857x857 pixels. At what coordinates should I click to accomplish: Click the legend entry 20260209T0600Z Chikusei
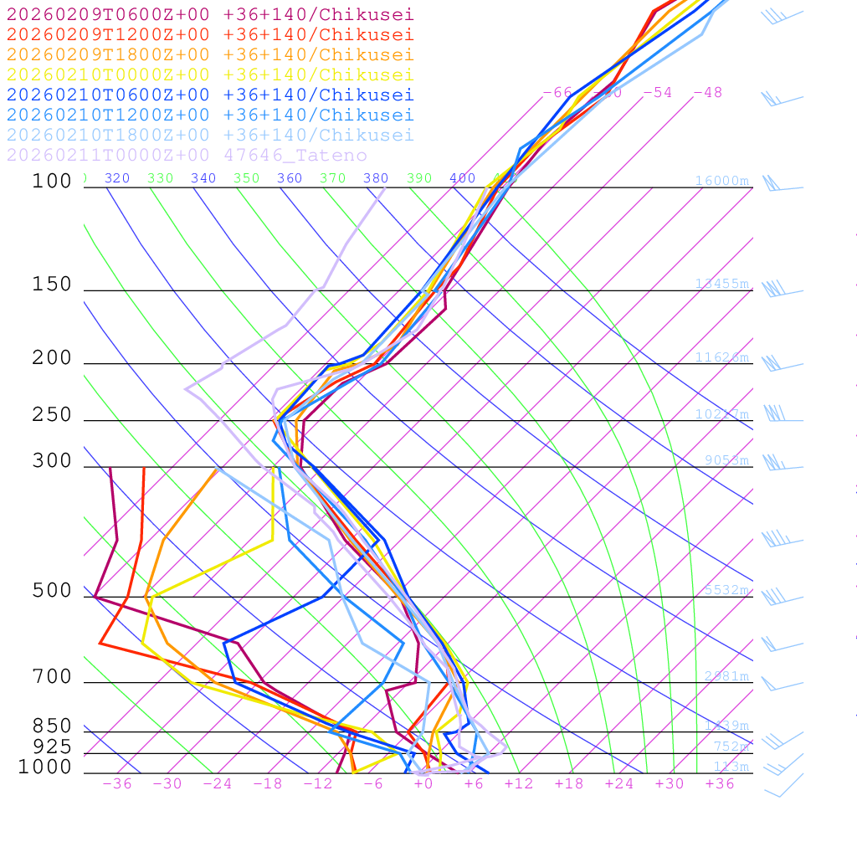[x=209, y=14]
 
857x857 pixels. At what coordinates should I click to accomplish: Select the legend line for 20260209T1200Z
[x=209, y=34]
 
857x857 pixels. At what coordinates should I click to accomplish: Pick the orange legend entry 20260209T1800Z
[x=209, y=54]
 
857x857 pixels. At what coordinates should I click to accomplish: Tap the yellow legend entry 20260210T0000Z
[x=209, y=74]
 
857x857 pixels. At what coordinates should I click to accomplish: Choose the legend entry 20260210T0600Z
[x=209, y=95]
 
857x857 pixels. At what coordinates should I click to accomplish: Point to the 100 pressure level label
[x=52, y=181]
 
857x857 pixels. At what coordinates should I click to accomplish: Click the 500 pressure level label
[x=52, y=591]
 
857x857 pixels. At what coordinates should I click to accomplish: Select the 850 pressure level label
[x=52, y=726]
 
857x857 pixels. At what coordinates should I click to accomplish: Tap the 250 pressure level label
[x=52, y=415]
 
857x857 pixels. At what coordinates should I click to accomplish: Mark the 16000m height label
[x=722, y=181]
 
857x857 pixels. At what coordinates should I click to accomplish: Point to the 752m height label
[x=731, y=747]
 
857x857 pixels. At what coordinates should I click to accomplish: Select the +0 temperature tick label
[x=423, y=784]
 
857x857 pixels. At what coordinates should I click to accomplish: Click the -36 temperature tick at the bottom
[x=116, y=784]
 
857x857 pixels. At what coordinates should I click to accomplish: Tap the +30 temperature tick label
[x=670, y=784]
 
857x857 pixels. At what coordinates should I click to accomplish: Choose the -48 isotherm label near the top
[x=707, y=92]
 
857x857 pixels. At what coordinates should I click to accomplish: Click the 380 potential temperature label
[x=376, y=178]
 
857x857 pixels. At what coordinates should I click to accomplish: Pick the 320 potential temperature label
[x=116, y=178]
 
